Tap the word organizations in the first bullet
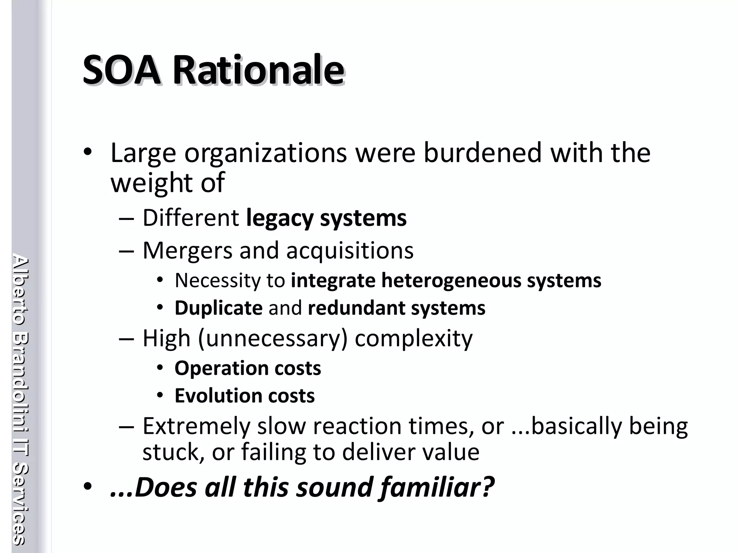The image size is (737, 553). coord(266,153)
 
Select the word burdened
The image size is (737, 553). coord(483,153)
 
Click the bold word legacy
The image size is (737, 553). coord(280,218)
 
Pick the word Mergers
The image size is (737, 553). coord(187,250)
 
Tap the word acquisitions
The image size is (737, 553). coord(350,250)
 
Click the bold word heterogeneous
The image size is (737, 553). coord(451,280)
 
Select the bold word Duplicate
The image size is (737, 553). coord(218,308)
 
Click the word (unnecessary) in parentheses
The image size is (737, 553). coord(273,338)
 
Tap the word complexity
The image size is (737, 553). coord(413,338)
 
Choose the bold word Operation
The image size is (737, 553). coord(221,368)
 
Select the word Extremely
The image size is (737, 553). coord(196,426)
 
